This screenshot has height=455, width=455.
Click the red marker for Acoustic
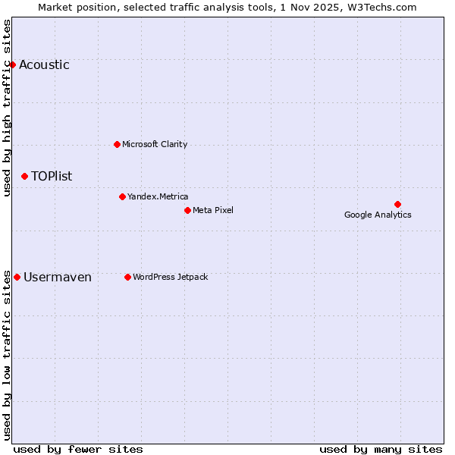coord(12,64)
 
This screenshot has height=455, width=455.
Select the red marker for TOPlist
coord(24,176)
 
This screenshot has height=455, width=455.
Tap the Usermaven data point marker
coord(17,277)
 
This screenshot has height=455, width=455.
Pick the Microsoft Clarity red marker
coord(117,144)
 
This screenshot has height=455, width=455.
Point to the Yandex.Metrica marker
coord(122,196)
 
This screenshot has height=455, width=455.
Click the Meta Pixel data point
coord(187,210)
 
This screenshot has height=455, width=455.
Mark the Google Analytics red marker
coord(397,204)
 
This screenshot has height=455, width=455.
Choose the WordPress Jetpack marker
coord(127,277)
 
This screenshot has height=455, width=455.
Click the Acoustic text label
coord(44,64)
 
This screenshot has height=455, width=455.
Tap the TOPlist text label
coord(52,176)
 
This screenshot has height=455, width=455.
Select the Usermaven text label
coord(58,277)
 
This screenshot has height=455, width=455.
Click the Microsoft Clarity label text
coord(155,144)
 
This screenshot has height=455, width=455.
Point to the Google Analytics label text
coord(378,215)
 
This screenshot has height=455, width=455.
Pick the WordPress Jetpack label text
coord(170,277)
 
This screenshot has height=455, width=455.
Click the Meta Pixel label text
coord(213,210)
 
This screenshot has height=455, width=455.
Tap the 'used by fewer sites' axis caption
coord(78,449)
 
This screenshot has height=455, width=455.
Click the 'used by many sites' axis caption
coord(381,449)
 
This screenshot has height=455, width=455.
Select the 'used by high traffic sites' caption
coord(8,108)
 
